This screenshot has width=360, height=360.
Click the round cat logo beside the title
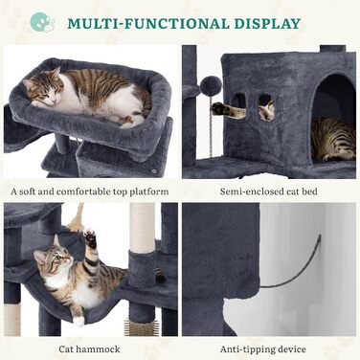(42, 22)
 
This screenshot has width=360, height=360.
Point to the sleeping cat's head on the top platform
(41, 88)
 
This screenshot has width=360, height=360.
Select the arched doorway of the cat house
(334, 117)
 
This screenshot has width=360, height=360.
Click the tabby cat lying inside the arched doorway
(333, 139)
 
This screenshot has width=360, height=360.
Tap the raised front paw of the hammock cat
(90, 237)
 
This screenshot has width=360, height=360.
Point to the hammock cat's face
(53, 257)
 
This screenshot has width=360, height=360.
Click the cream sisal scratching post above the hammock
(143, 228)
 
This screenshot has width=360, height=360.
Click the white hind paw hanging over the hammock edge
(79, 321)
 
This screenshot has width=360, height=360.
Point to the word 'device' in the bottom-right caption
(290, 349)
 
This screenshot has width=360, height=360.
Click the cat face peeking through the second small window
(267, 110)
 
